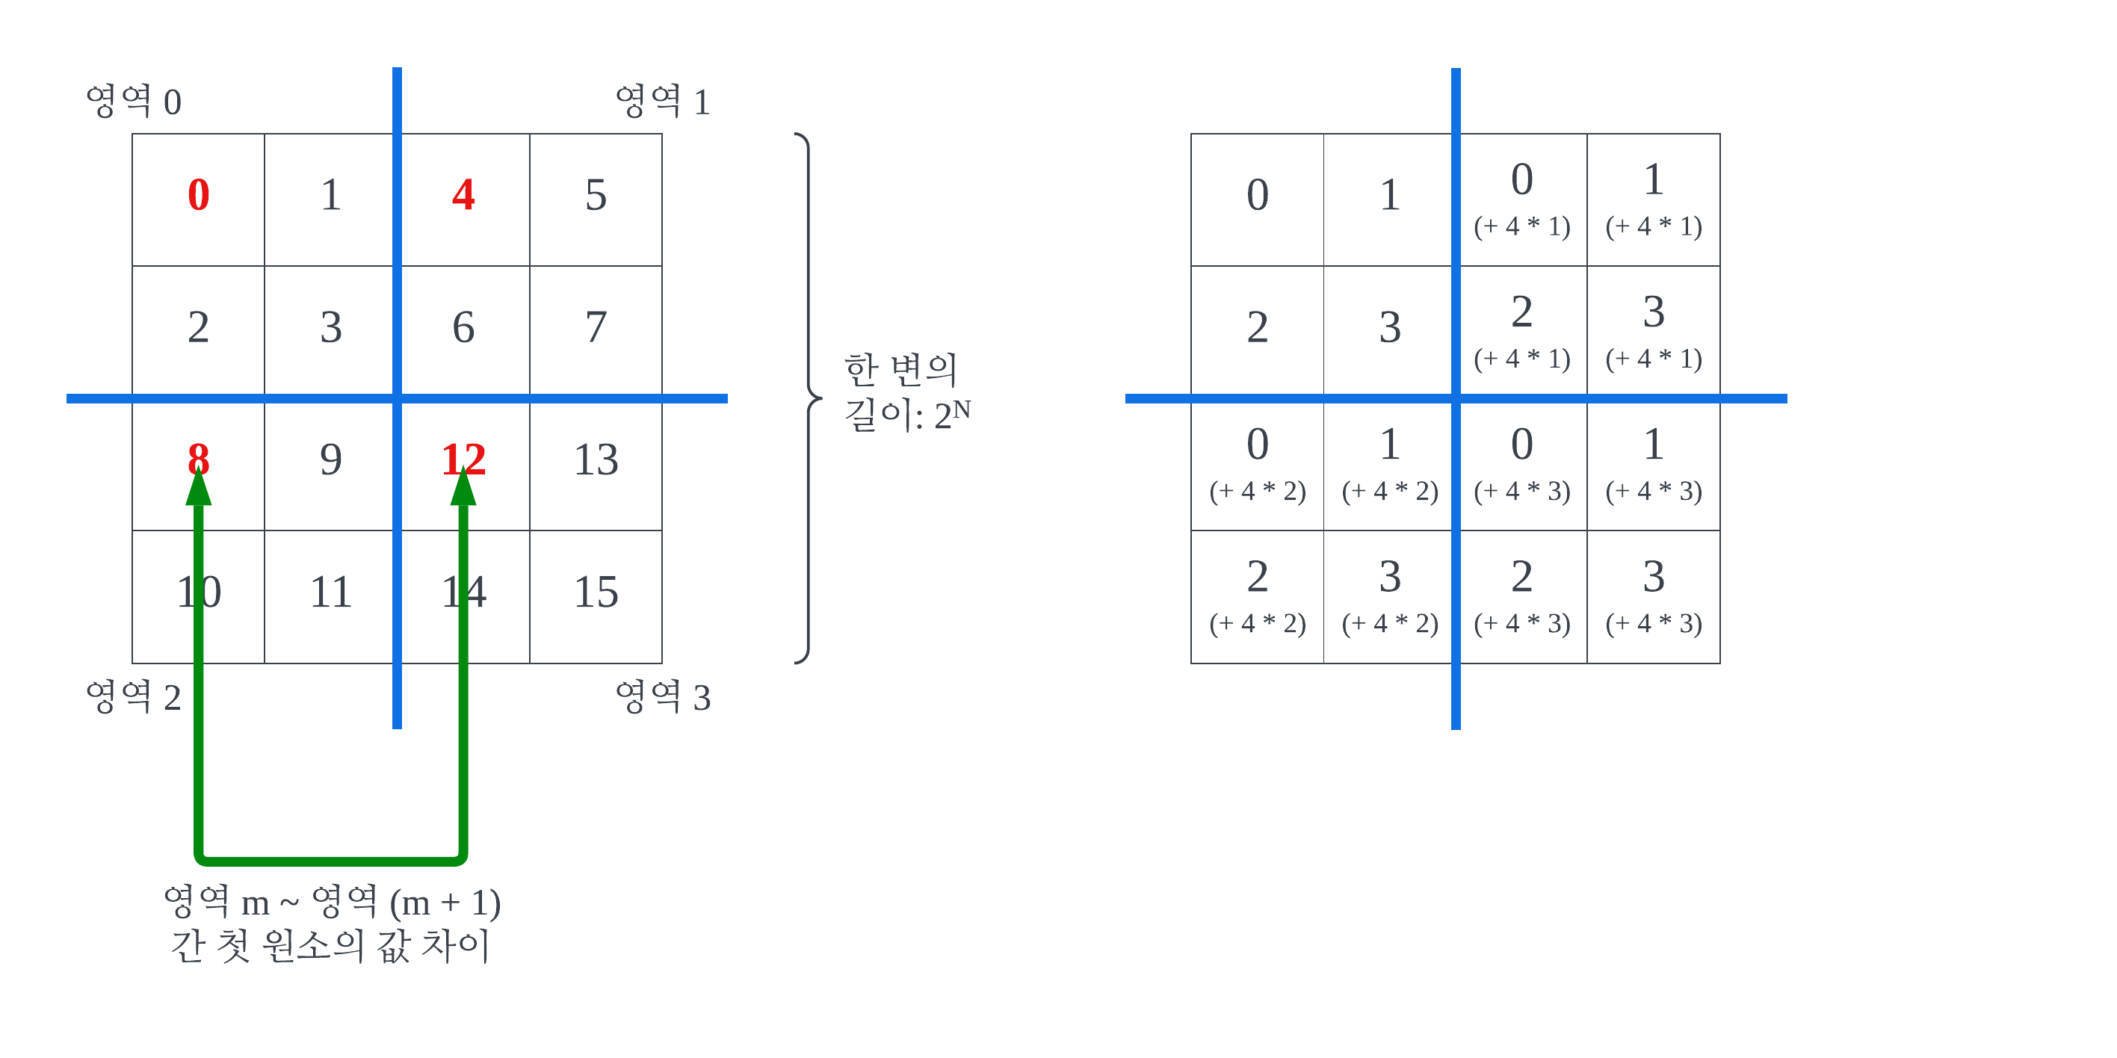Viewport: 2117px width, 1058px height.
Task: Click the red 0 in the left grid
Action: click(198, 196)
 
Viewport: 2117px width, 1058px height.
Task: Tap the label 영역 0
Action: click(133, 102)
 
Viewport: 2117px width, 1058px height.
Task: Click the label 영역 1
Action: click(662, 102)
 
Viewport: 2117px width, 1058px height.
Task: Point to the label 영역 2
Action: click(133, 697)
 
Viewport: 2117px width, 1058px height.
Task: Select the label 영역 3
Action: click(662, 697)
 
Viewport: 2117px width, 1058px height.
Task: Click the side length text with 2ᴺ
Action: click(906, 394)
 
